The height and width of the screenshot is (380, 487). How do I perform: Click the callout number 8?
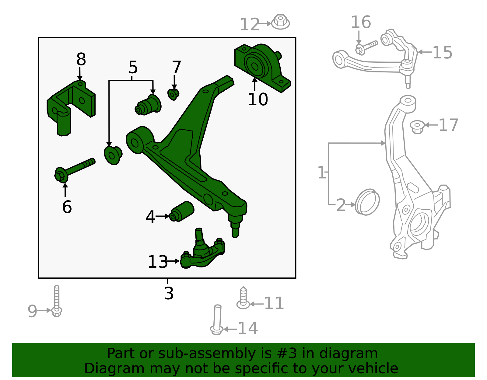[81, 59]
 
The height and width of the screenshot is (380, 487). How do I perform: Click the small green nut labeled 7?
[173, 94]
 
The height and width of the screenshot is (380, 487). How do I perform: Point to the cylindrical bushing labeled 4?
[182, 211]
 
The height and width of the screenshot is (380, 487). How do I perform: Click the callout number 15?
[442, 53]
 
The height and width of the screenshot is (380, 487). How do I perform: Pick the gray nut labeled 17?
[417, 126]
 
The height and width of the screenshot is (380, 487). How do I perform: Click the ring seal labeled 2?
[367, 202]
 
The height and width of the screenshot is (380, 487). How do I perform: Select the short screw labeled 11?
[243, 298]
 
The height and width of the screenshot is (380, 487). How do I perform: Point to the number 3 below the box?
[169, 293]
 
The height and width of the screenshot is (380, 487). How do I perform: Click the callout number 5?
[133, 67]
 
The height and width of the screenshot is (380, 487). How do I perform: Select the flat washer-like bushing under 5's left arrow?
[113, 155]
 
